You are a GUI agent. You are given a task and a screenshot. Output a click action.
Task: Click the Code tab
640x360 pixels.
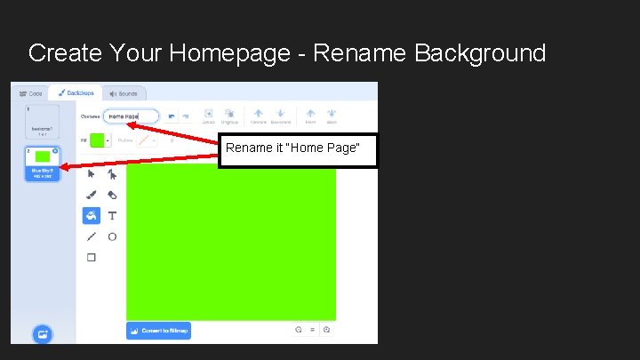[x=31, y=93]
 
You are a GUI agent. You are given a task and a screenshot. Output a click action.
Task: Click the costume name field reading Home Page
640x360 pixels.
[x=131, y=116]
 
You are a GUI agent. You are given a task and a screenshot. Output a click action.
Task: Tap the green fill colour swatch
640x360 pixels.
[x=97, y=140]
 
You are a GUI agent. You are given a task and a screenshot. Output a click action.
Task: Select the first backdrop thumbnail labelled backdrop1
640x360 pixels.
[x=42, y=122]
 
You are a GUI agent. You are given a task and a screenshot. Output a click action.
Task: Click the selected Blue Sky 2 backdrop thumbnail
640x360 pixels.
[x=42, y=163]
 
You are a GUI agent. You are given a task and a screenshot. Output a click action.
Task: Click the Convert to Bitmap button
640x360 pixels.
[x=158, y=331]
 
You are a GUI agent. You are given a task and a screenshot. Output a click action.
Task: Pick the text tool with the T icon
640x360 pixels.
[x=112, y=215]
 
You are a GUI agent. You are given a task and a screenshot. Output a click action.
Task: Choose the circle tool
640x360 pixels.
[x=112, y=236]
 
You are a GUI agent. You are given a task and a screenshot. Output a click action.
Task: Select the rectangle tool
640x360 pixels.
[x=91, y=258]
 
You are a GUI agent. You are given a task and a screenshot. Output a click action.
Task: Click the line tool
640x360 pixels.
[x=91, y=236]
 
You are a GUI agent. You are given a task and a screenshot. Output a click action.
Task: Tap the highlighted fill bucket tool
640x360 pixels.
[x=91, y=215]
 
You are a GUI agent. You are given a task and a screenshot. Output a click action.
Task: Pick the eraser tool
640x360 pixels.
[x=112, y=195]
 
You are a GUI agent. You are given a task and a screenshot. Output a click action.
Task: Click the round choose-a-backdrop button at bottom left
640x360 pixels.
[x=42, y=334]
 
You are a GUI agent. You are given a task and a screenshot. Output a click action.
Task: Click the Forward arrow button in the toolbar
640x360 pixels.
[x=258, y=116]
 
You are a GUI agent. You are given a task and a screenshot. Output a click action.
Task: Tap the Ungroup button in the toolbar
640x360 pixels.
[x=229, y=116]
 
